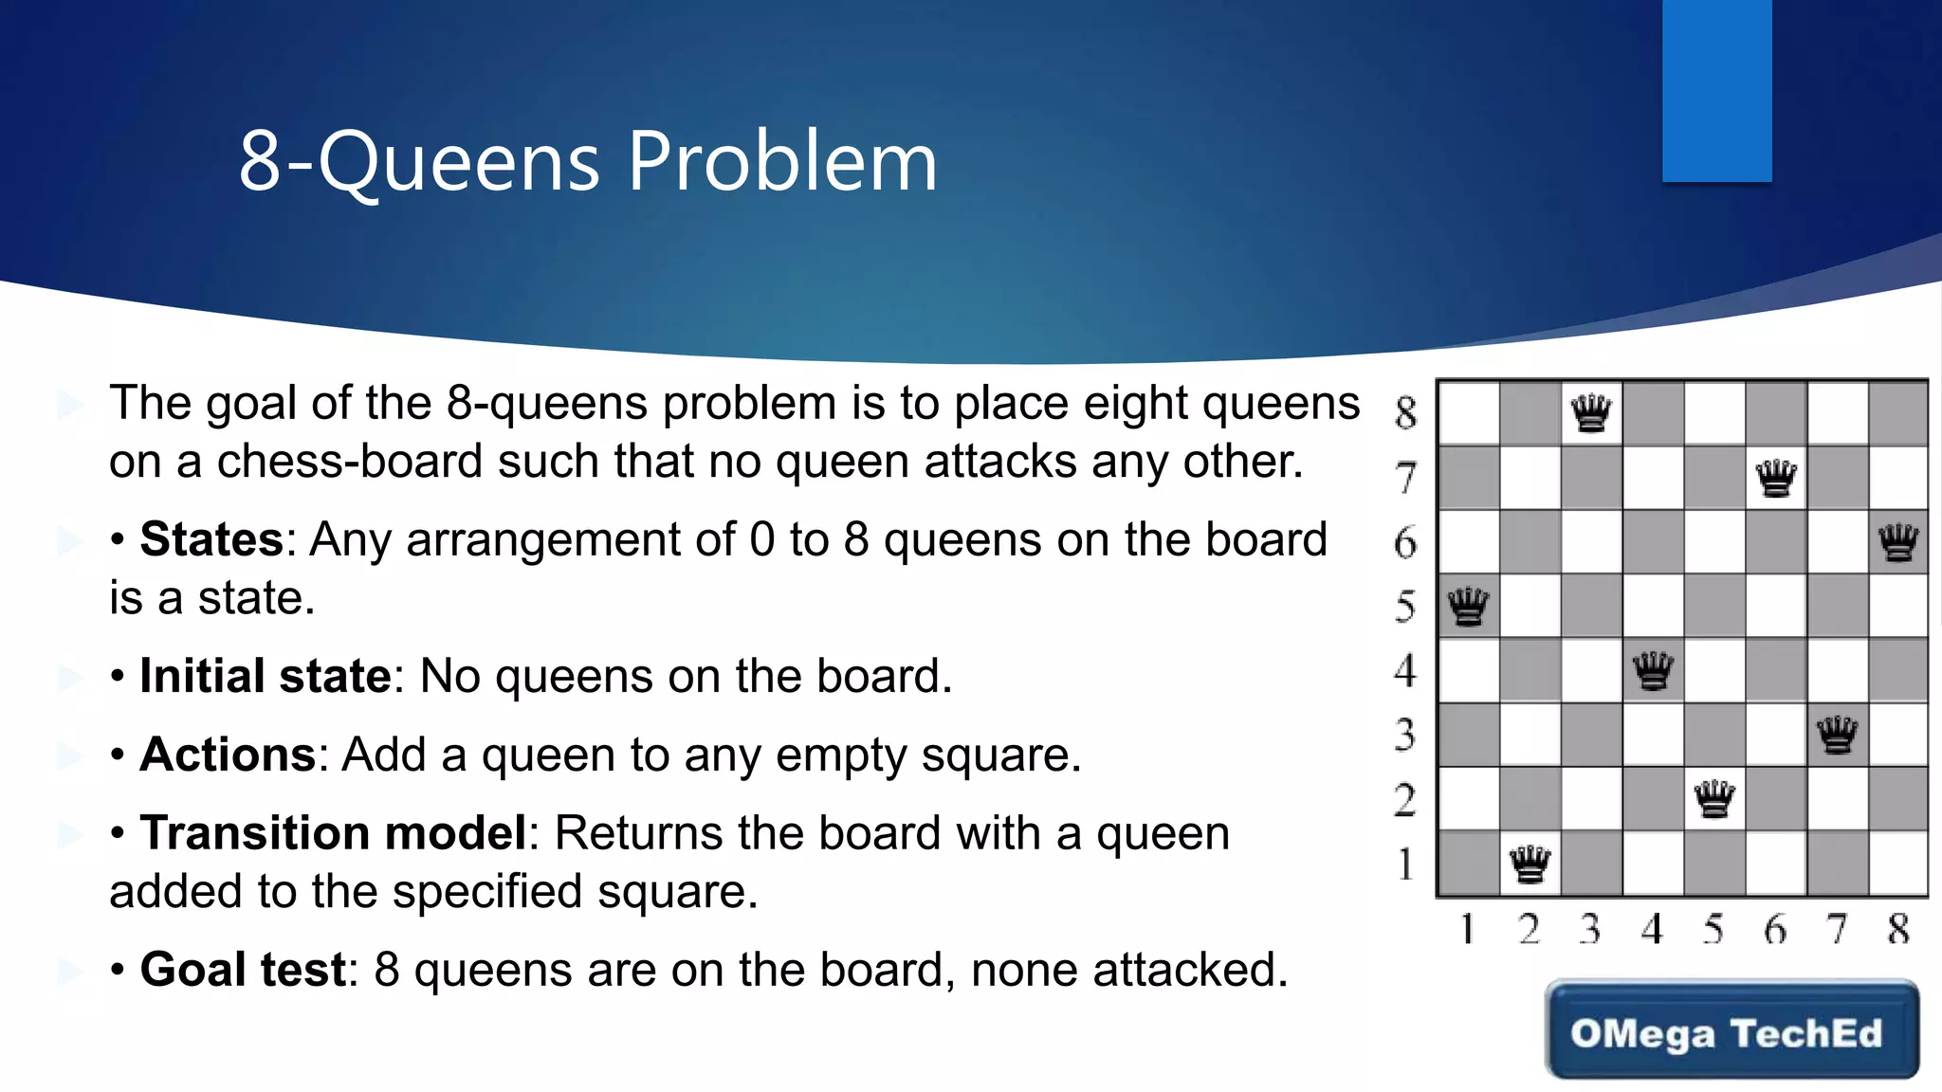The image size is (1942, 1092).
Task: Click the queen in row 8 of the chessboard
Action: click(x=1591, y=413)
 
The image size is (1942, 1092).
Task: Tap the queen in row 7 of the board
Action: click(x=1776, y=478)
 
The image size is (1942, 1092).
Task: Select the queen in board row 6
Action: click(x=1898, y=542)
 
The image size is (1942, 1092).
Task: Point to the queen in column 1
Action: click(x=1469, y=607)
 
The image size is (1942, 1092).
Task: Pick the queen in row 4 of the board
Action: click(x=1654, y=671)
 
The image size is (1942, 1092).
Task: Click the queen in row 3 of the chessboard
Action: click(x=1838, y=735)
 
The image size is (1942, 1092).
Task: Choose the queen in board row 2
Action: click(x=1714, y=799)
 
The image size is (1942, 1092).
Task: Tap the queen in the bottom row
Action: click(x=1530, y=864)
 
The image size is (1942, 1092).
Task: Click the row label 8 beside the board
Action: click(x=1406, y=413)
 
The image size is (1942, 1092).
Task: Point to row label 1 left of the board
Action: click(x=1406, y=864)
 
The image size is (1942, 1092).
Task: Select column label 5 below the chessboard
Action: click(x=1713, y=929)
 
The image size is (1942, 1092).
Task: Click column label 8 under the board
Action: click(x=1898, y=929)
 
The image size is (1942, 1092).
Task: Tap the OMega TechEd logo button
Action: click(x=1731, y=1030)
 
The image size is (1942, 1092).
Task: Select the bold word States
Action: click(x=211, y=539)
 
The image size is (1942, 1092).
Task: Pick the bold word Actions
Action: click(x=228, y=755)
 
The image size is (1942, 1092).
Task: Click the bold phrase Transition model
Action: click(x=333, y=833)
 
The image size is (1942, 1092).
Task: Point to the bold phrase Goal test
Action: click(x=243, y=970)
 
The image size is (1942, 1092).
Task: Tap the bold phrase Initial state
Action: click(x=266, y=676)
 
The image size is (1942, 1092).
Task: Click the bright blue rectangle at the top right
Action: click(x=1716, y=90)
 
